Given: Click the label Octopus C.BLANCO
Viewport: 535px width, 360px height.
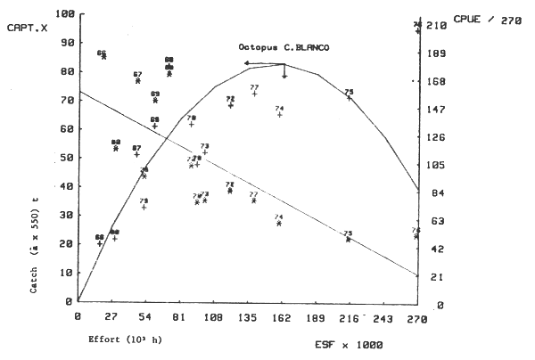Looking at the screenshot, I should pos(290,46).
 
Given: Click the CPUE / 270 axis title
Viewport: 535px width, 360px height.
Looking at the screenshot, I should pos(486,18).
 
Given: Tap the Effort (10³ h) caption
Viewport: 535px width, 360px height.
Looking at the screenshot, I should pos(125,340).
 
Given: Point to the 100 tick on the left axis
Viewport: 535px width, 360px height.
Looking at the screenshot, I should pos(62,15).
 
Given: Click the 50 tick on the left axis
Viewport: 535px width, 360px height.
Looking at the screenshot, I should pos(65,158).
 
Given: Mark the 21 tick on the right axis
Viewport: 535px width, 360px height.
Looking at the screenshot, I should pos(434,278).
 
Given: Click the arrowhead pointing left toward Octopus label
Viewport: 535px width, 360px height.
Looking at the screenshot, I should pos(246,63).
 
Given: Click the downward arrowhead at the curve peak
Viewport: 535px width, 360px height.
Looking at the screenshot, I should pos(284,76).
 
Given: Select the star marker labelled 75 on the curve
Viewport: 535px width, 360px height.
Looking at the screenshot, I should pos(349,97).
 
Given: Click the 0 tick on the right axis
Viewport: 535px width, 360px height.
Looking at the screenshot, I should pos(432,306).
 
